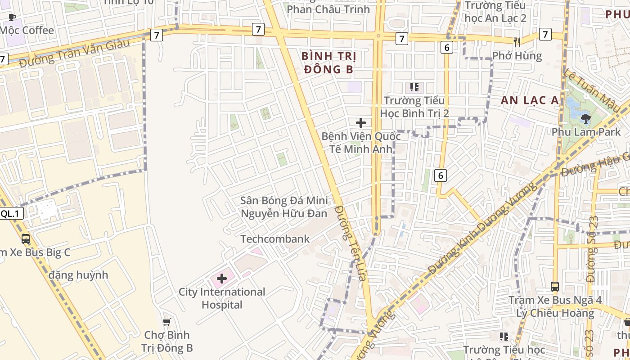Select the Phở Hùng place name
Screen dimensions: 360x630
point(517,56)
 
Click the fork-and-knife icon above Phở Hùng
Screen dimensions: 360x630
point(517,42)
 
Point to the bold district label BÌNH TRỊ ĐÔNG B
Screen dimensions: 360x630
point(329,63)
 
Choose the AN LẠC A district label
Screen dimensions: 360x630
point(530,100)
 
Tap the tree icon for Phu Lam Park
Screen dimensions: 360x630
point(585,119)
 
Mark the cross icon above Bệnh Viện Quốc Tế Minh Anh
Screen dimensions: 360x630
point(360,122)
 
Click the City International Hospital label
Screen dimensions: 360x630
point(222,298)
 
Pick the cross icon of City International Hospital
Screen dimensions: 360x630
point(222,279)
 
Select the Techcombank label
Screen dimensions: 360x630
point(275,239)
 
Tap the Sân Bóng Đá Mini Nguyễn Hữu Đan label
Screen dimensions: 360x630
point(284,207)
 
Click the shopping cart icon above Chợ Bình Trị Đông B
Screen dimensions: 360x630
point(167,322)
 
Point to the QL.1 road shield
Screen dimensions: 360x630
point(10,214)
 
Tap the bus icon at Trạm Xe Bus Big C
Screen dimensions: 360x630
point(26,238)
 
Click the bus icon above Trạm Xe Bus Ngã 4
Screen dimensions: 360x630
point(555,286)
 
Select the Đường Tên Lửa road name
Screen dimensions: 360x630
point(352,243)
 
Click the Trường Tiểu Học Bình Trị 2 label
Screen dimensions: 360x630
point(414,107)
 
